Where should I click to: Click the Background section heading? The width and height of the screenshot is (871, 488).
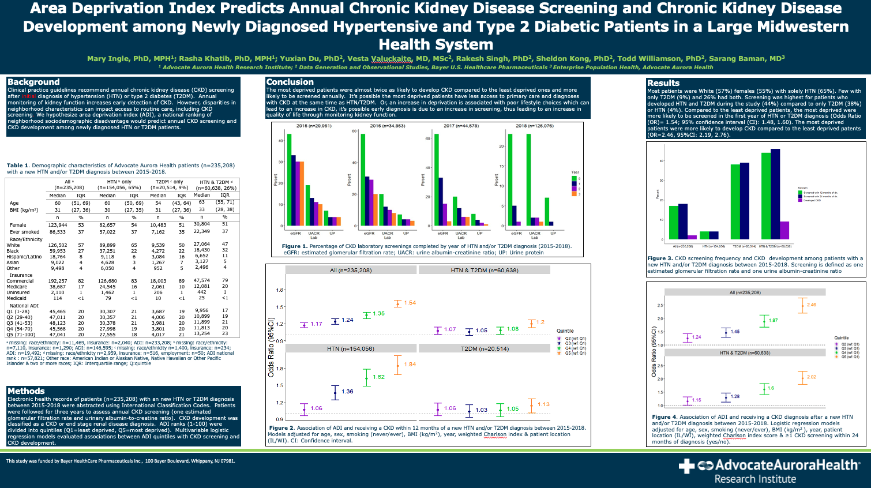tap(33, 82)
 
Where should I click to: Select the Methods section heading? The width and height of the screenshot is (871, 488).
tap(26, 391)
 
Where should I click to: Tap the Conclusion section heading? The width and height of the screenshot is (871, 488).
tap(290, 82)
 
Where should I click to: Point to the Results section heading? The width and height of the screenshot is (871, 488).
tap(663, 83)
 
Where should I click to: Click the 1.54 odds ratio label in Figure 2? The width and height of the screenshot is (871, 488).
tap(410, 303)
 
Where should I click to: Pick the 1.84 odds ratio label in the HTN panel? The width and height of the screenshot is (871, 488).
tap(410, 365)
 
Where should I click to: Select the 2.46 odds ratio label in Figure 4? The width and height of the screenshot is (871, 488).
tap(812, 305)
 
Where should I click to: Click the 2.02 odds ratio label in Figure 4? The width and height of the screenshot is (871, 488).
tap(812, 377)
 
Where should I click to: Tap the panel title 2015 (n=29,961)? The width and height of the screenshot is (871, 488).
tap(314, 126)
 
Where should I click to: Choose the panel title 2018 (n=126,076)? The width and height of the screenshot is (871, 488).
tap(534, 126)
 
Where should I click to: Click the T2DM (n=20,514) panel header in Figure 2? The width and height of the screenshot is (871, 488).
tap(485, 349)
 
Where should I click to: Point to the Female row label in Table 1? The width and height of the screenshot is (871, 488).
tap(18, 225)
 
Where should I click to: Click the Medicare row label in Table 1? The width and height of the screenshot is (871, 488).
tap(17, 287)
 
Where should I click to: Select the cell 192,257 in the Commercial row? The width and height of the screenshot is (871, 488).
tap(58, 281)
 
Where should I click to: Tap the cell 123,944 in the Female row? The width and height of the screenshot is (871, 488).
tap(58, 225)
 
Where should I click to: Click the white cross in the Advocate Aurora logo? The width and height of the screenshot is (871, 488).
tap(686, 466)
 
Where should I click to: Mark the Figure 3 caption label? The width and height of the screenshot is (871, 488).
tap(660, 258)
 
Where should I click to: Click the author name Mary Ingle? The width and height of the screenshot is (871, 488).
tap(109, 59)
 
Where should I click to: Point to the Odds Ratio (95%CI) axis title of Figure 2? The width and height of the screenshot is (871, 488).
tap(271, 347)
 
